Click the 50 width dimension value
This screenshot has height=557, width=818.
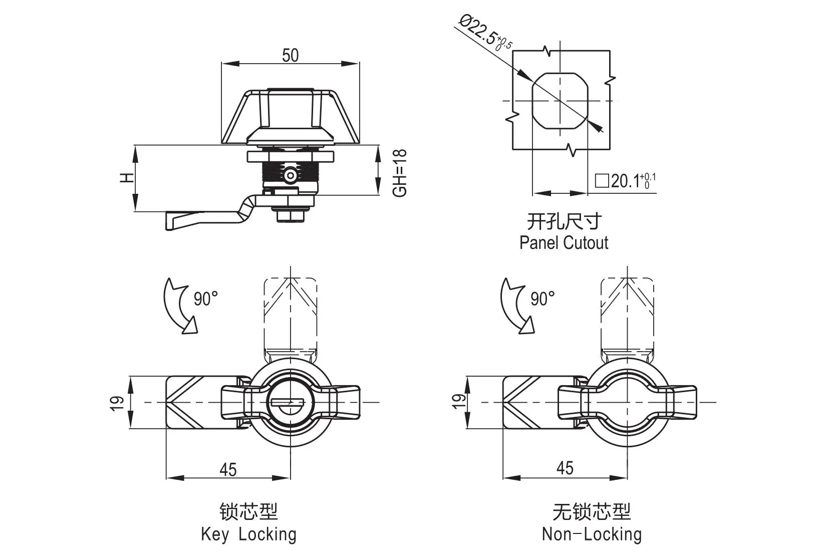tap(290, 55)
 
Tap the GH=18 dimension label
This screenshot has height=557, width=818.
tap(400, 173)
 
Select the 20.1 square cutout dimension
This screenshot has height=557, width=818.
tap(625, 181)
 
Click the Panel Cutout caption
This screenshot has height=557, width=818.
tap(564, 243)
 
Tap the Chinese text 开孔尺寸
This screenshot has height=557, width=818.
tap(564, 221)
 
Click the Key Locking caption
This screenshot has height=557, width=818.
tap(248, 534)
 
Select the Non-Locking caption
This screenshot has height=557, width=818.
tap(592, 534)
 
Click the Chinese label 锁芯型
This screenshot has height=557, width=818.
tap(248, 512)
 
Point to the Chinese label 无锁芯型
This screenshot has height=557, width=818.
tap(592, 512)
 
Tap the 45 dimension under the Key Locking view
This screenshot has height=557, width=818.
tap(228, 469)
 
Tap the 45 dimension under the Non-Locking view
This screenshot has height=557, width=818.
tap(565, 468)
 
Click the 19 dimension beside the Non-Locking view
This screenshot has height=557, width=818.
tap(458, 401)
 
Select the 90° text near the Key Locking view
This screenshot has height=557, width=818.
tap(206, 299)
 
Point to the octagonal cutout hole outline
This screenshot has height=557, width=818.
tap(560, 101)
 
